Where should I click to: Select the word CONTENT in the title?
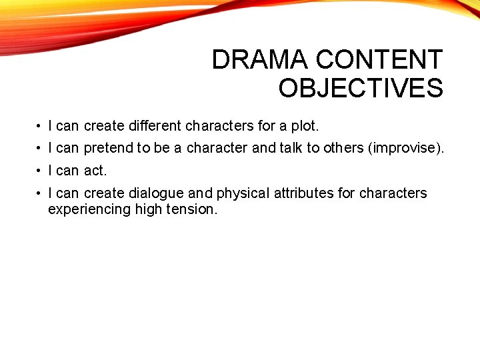[379, 60]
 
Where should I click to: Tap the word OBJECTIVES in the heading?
[361, 88]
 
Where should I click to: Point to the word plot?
[305, 126]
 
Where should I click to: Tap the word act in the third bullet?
[95, 171]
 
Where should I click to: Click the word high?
[148, 209]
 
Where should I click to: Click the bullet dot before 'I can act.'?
[41, 171]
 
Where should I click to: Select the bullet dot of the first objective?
[41, 126]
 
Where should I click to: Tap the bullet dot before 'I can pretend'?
[41, 148]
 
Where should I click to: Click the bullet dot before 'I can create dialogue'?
[41, 193]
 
